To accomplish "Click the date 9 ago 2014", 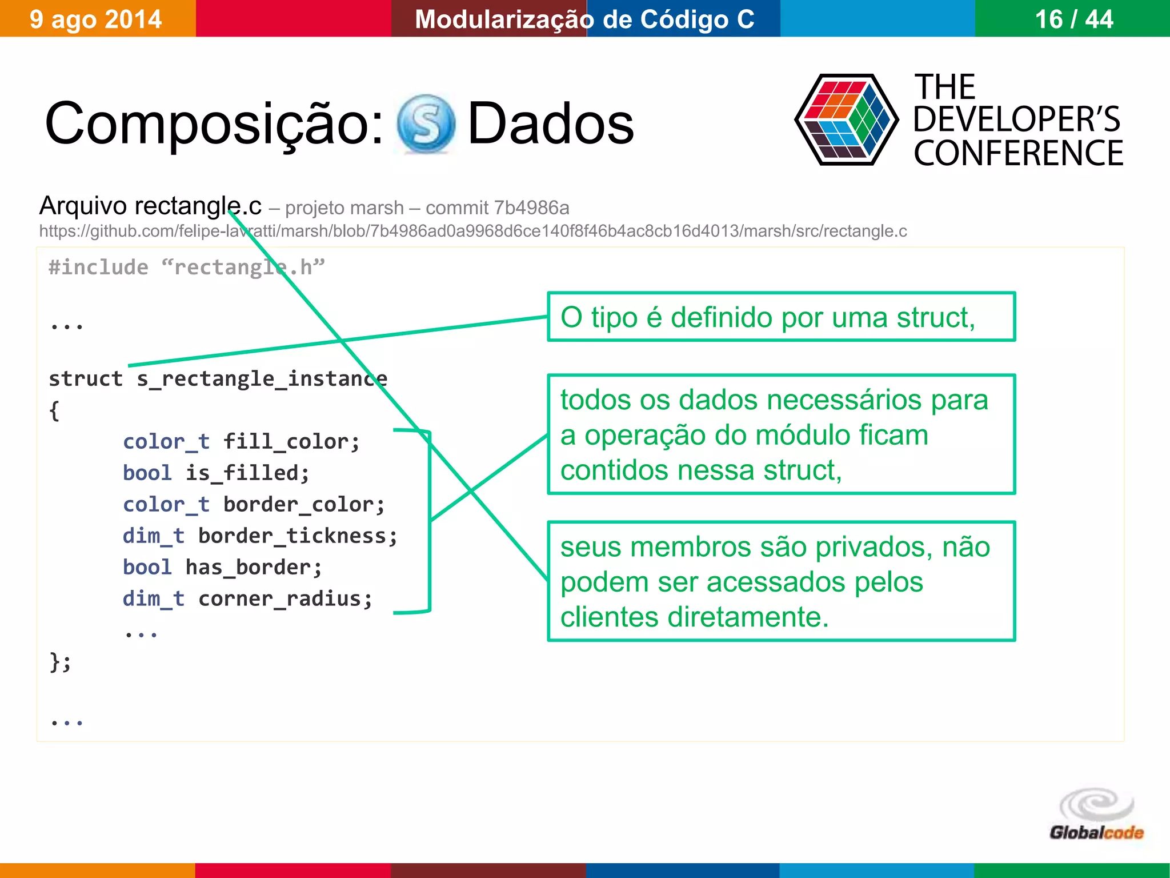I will pyautogui.click(x=95, y=19).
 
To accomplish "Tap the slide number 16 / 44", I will pyautogui.click(x=1073, y=19).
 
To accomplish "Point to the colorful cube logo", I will pyautogui.click(x=846, y=120).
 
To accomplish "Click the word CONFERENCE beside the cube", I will pyautogui.click(x=1018, y=153).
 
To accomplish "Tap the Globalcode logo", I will pyautogui.click(x=1096, y=815).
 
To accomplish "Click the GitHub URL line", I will pyautogui.click(x=472, y=231).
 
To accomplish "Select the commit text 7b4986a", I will pyautogui.click(x=531, y=208).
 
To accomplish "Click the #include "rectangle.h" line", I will pyautogui.click(x=186, y=268).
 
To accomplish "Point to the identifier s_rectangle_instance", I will pyautogui.click(x=262, y=378).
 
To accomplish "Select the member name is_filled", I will pyautogui.click(x=247, y=473).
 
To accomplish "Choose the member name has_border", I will pyautogui.click(x=254, y=568).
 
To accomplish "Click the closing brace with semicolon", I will pyautogui.click(x=60, y=662).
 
